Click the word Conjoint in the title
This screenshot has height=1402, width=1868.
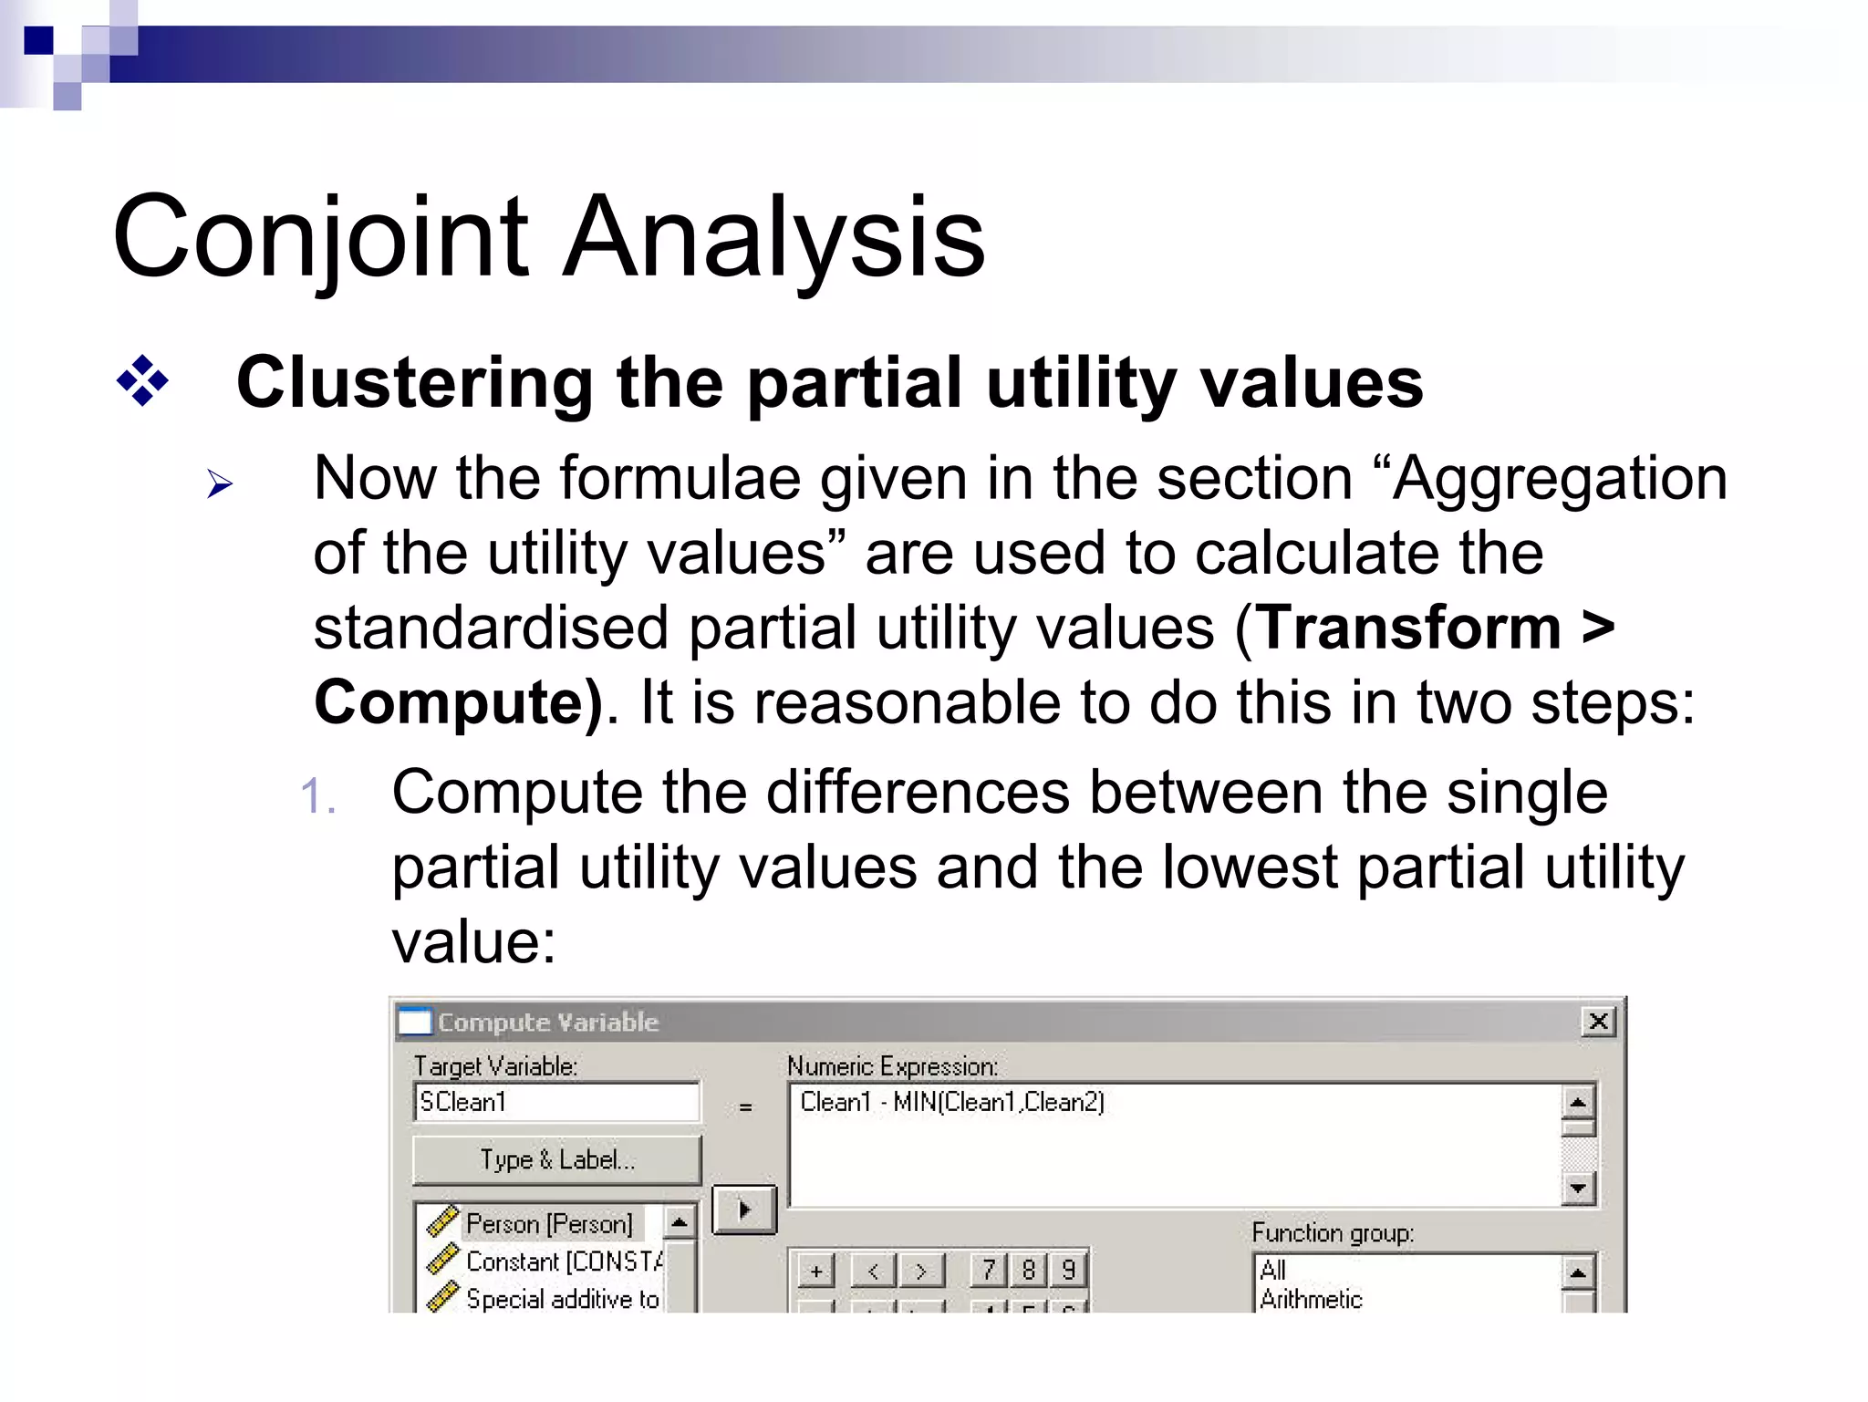point(319,239)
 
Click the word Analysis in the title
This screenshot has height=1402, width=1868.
point(773,239)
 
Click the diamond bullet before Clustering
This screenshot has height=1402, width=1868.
point(142,381)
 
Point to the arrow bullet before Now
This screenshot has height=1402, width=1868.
point(220,483)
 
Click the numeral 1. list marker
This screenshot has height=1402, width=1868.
point(317,795)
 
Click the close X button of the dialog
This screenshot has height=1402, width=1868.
point(1598,1021)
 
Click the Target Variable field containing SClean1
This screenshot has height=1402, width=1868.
point(556,1102)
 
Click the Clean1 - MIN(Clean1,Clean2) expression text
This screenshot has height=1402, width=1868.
point(951,1102)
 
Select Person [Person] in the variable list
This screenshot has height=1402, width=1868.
point(548,1223)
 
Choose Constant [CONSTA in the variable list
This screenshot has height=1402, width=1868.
point(563,1262)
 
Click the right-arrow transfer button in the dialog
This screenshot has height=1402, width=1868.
point(743,1210)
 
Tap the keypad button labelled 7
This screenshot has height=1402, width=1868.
point(989,1270)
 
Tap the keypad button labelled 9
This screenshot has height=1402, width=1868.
point(1068,1270)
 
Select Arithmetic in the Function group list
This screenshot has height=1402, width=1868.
point(1311,1299)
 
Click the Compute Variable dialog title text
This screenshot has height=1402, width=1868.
point(547,1022)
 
